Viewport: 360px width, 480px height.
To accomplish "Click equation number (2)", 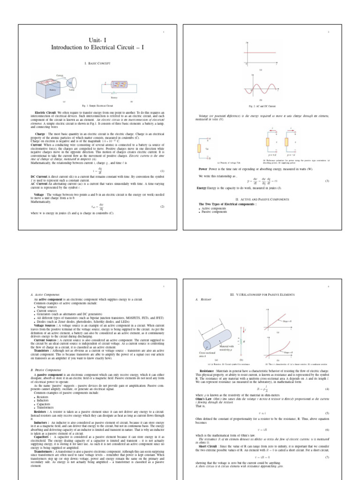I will [162, 207].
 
